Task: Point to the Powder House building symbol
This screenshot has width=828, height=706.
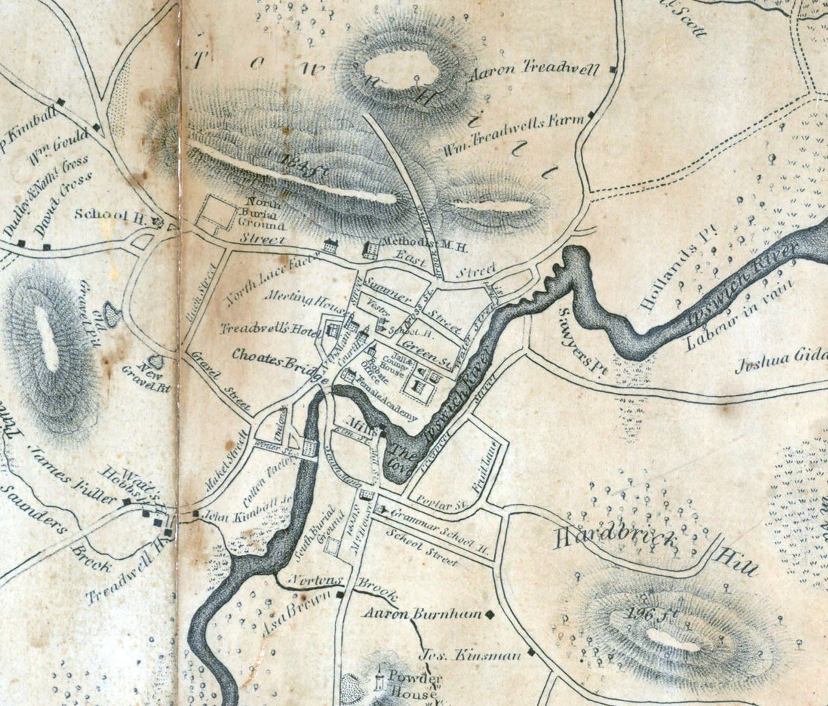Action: [x=379, y=679]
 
